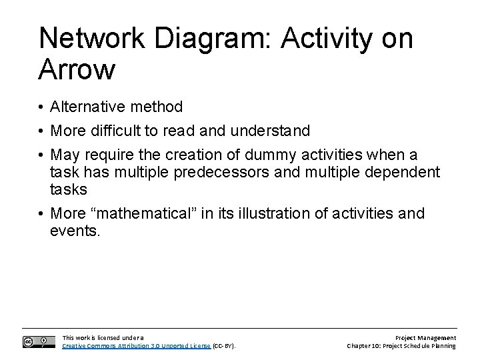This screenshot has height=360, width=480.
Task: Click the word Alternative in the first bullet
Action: (x=87, y=107)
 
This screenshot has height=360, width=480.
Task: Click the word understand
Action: (x=273, y=131)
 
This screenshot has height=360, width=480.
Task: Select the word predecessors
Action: (x=200, y=172)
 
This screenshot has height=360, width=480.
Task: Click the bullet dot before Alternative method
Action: (x=41, y=107)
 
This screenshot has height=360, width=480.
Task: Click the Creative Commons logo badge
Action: (x=39, y=341)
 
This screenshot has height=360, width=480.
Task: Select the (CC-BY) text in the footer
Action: (x=225, y=346)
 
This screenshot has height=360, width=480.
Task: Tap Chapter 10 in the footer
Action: (x=371, y=346)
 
